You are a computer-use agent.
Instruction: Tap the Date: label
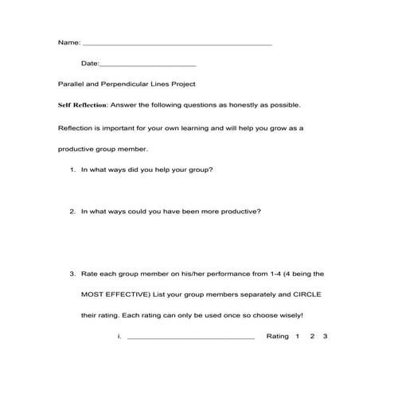point(90,63)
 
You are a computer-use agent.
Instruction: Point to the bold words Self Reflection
point(84,105)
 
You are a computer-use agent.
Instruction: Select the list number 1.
point(72,170)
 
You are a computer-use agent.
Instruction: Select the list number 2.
point(72,212)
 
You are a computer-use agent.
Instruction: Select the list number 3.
point(72,274)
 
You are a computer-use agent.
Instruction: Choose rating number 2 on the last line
point(312,337)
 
